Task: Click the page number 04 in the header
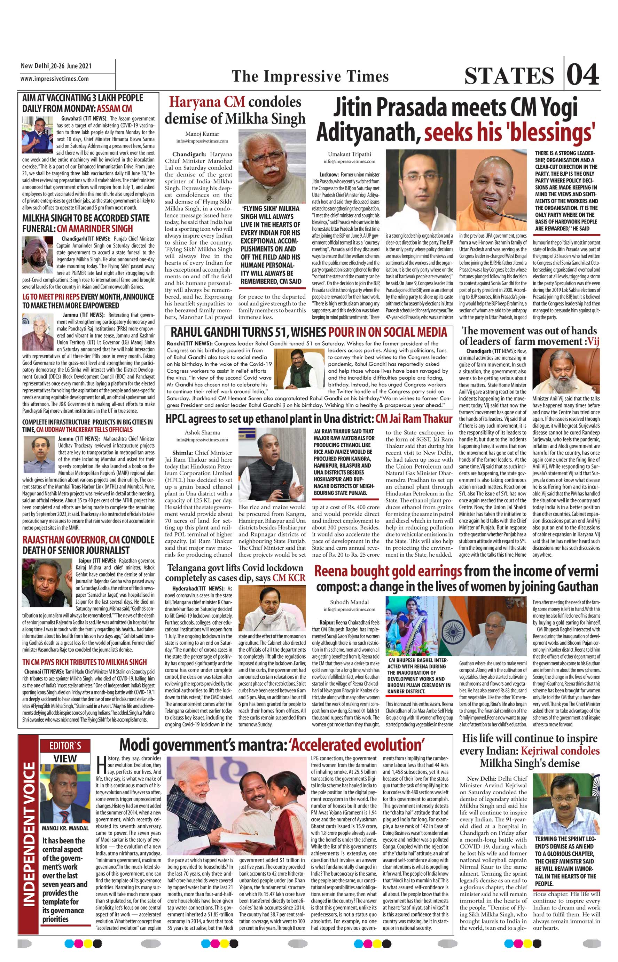pyautogui.click(x=584, y=74)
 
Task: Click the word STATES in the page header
pyautogui.click(x=509, y=76)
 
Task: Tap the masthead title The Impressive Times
pyautogui.click(x=310, y=76)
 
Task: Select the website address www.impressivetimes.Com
pyautogui.click(x=55, y=79)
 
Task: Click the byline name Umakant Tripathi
pyautogui.click(x=350, y=154)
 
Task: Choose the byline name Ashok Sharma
pyautogui.click(x=202, y=432)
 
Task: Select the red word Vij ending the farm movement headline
pyautogui.click(x=592, y=342)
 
